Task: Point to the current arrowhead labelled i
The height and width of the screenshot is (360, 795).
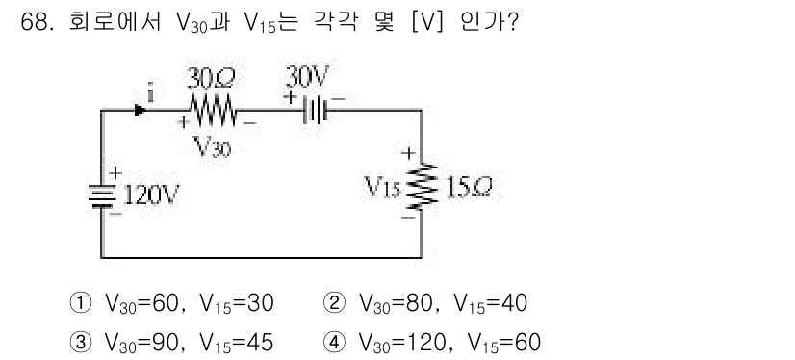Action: [141, 111]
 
